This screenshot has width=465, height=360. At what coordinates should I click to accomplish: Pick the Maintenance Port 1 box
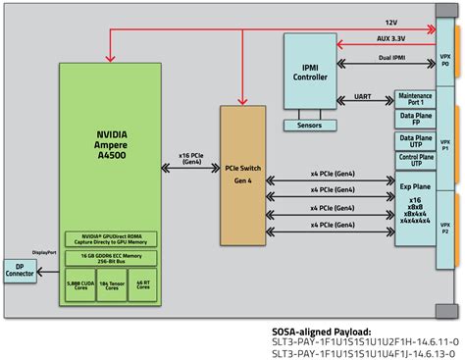pyautogui.click(x=388, y=98)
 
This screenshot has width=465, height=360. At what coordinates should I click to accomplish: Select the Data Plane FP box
pyautogui.click(x=388, y=119)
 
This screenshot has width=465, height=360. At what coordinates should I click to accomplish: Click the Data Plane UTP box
pyautogui.click(x=388, y=140)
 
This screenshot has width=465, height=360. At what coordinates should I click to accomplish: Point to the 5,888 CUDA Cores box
pyautogui.click(x=80, y=285)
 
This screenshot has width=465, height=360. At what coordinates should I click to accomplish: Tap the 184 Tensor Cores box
pyautogui.click(x=113, y=285)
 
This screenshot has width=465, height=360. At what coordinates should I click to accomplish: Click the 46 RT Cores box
pyautogui.click(x=144, y=285)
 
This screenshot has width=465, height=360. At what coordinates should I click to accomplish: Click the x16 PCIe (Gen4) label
pyautogui.click(x=190, y=158)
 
